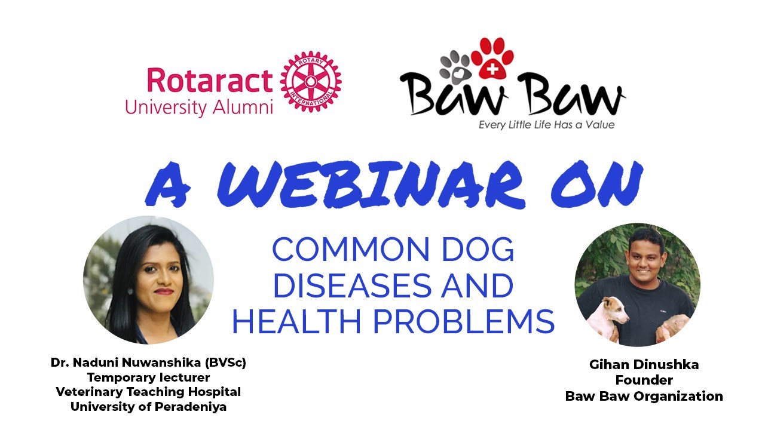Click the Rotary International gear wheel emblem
tap(311, 81)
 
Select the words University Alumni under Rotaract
tap(198, 107)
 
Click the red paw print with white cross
tap(492, 59)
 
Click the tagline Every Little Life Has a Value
tap(546, 125)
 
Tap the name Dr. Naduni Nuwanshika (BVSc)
tap(148, 363)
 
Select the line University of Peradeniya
tap(148, 407)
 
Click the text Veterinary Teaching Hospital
tap(148, 392)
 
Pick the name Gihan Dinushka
tap(644, 365)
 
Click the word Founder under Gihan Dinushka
tap(644, 380)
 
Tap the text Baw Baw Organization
tap(644, 396)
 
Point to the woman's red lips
tap(163, 291)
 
